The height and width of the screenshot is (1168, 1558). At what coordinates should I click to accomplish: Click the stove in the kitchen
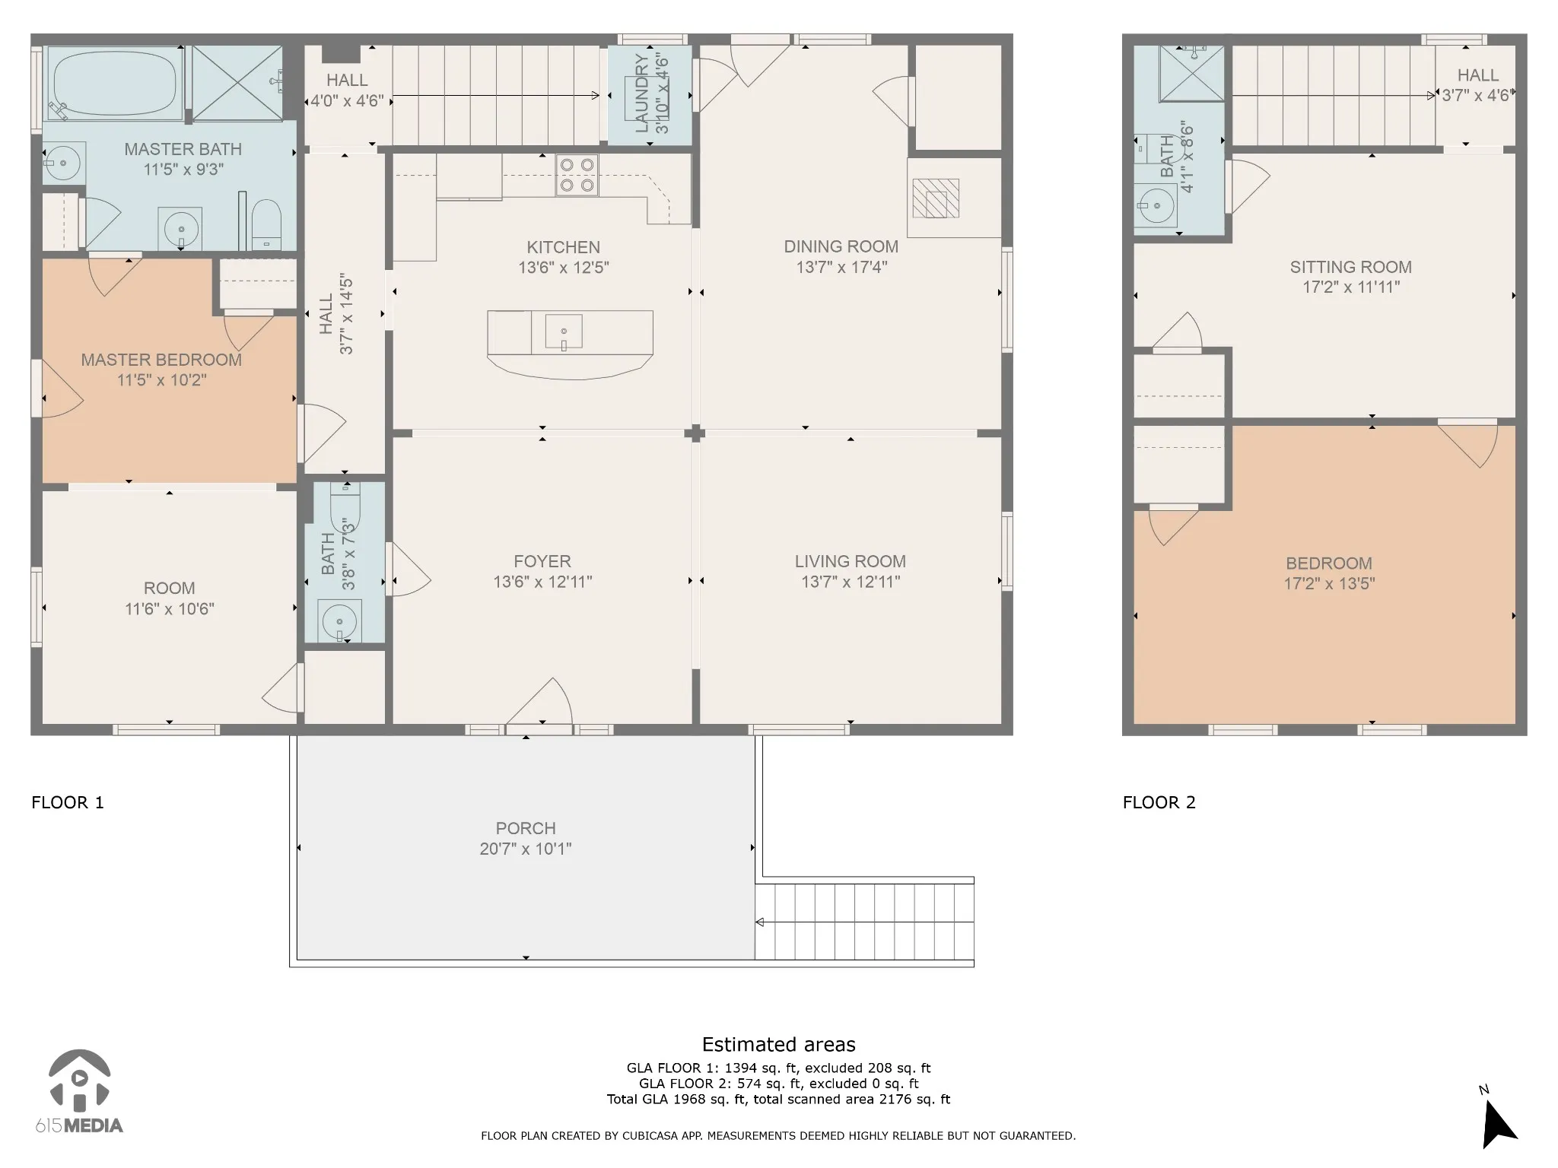(577, 175)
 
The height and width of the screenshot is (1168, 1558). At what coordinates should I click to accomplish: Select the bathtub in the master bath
(115, 83)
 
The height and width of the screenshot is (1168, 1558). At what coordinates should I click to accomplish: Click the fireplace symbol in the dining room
(936, 198)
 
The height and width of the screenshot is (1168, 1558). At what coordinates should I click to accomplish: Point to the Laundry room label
(641, 94)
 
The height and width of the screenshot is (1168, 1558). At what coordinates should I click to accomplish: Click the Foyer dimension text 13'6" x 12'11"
(542, 582)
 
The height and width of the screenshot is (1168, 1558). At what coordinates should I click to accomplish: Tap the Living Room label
(851, 561)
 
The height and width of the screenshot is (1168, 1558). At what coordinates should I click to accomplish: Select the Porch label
(526, 828)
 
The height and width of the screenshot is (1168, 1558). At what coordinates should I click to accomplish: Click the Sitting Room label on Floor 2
(1351, 267)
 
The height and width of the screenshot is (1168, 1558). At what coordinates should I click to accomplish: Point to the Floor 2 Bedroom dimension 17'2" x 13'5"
(1329, 584)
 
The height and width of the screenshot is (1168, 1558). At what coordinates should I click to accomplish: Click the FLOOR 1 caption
(68, 802)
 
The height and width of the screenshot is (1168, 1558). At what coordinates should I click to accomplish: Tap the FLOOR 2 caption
(1159, 802)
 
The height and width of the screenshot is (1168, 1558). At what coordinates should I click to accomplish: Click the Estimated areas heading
(779, 1044)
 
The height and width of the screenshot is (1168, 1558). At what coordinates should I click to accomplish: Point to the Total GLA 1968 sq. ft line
(779, 1099)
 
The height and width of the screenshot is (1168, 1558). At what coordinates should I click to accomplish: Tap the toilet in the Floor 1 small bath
(345, 502)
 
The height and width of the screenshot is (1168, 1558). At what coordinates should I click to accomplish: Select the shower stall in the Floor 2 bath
(1192, 74)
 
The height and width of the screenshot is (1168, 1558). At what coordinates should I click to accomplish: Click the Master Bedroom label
(161, 360)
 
